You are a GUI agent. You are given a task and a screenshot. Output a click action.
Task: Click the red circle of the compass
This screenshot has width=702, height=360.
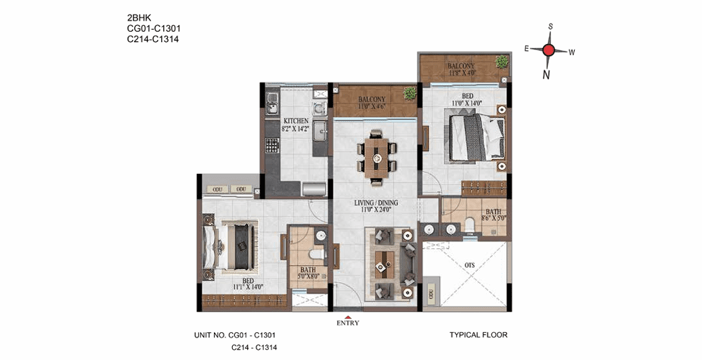(549, 49)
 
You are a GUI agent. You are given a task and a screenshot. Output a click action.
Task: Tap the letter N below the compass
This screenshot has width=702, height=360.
(546, 75)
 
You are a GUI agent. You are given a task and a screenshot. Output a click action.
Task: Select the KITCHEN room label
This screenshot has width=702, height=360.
(296, 121)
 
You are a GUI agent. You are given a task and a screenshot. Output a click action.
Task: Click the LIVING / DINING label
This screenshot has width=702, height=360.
(376, 202)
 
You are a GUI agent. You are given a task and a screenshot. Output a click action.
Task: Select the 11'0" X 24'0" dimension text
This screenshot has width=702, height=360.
(376, 210)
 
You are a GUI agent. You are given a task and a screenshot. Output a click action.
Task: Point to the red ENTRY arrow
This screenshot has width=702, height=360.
(347, 317)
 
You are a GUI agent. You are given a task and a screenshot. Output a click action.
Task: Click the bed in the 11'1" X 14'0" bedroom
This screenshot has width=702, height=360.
(234, 248)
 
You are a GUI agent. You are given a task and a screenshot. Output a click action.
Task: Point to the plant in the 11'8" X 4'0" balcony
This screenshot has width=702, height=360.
(502, 62)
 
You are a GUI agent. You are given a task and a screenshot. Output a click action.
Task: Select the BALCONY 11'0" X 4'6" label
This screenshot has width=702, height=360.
(372, 103)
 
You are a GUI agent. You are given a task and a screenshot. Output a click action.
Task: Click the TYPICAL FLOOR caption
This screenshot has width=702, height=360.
(478, 334)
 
